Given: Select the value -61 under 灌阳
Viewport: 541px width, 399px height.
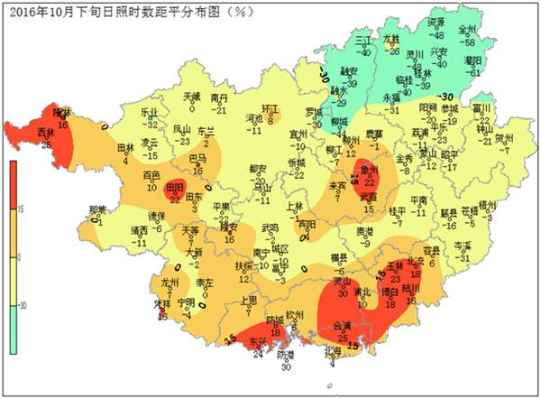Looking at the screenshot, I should click(x=471, y=70).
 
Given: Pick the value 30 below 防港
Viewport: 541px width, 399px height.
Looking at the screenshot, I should click(x=287, y=367).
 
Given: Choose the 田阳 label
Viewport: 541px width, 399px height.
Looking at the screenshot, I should click(x=174, y=187).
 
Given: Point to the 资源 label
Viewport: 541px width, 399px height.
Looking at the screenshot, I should click(x=436, y=23).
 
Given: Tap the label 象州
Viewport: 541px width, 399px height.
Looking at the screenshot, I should click(x=366, y=170).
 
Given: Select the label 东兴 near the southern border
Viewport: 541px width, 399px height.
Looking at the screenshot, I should click(x=258, y=343).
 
